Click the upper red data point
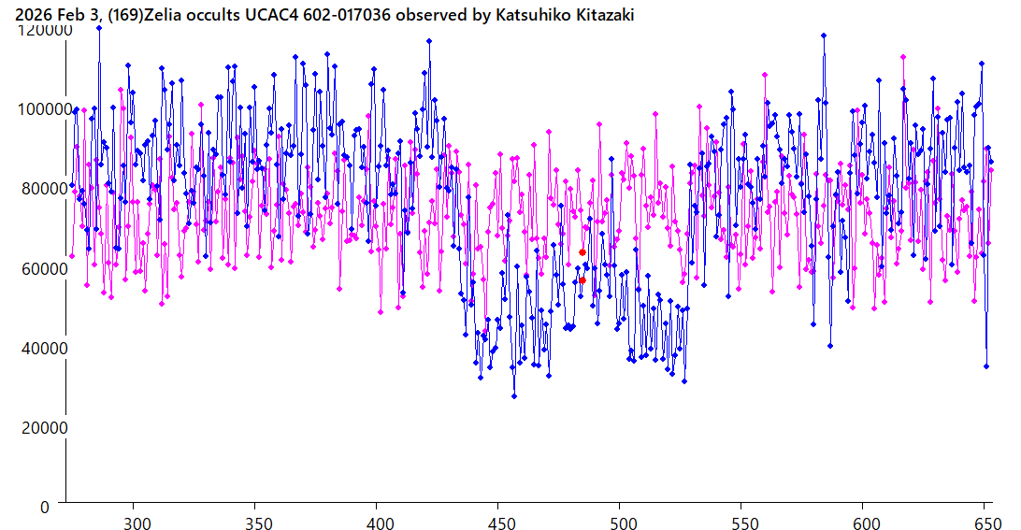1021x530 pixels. (x=582, y=252)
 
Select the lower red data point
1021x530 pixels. (x=582, y=280)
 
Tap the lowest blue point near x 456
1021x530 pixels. (x=514, y=396)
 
